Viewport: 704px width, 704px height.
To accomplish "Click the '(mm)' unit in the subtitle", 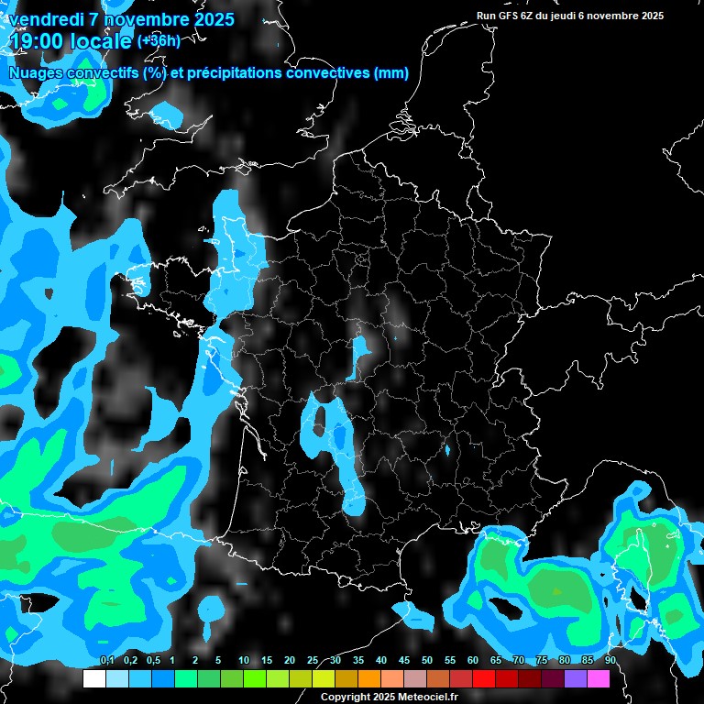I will click(391, 72).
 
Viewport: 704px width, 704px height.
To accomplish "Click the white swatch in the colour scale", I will click(94, 678).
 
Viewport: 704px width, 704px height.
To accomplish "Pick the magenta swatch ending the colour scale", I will click(599, 678).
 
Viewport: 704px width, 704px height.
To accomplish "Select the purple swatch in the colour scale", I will click(576, 678).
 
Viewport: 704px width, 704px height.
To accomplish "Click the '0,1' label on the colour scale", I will click(106, 661).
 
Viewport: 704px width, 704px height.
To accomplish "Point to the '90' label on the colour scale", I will click(610, 661).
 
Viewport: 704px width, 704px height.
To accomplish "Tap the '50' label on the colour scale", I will click(427, 661).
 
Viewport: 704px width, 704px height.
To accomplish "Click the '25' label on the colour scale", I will click(313, 661).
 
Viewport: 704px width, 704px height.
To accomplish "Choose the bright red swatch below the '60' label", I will click(484, 678).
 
